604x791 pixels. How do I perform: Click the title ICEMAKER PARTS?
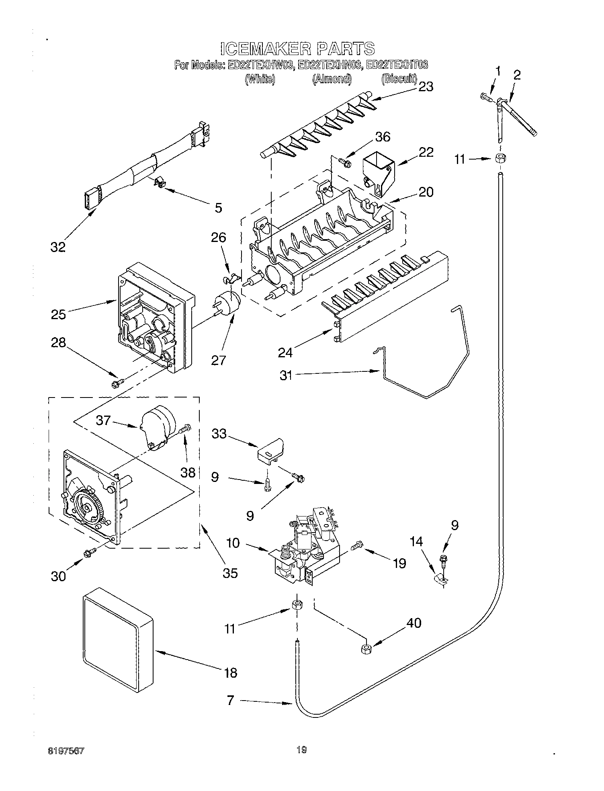click(x=298, y=48)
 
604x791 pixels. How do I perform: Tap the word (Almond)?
click(x=332, y=79)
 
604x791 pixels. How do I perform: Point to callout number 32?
click(x=58, y=247)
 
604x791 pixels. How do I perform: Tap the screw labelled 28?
click(x=117, y=384)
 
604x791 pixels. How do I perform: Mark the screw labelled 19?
click(x=357, y=546)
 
